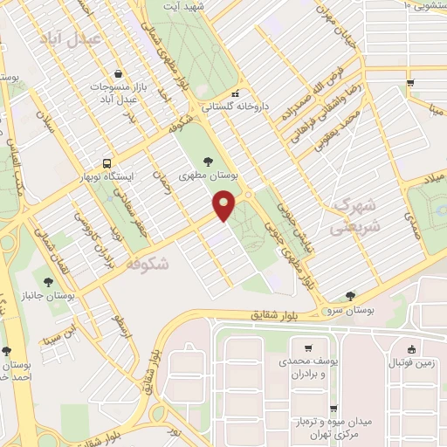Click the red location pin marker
pos(225,205)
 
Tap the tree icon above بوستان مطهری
pos(207,161)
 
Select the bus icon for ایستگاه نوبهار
pos(107,162)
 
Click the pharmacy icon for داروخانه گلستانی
pos(235,95)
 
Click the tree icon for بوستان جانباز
pos(48,281)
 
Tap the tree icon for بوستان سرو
pos(350,296)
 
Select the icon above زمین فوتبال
pos(410,347)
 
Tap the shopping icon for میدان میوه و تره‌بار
pos(334,408)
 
